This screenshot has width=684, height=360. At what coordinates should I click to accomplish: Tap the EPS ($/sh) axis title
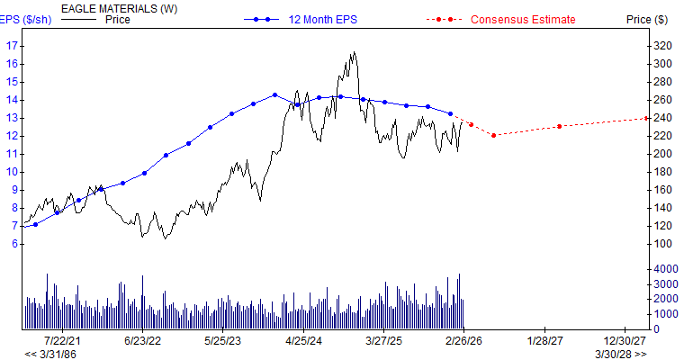pos(25,19)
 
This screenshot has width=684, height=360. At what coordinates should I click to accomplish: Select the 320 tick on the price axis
pos(661,45)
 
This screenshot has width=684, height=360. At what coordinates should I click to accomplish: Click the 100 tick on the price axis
pos(661,244)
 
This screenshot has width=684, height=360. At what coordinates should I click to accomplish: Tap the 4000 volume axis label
pos(664,269)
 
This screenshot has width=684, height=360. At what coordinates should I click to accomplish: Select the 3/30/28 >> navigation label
pos(620,354)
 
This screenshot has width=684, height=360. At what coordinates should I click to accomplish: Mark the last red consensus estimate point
pos(647,118)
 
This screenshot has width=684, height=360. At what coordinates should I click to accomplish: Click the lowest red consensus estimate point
pos(493,135)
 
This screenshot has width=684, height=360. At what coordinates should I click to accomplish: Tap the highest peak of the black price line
pos(353,52)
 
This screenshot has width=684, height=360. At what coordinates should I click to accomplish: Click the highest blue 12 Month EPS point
pos(274,94)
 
